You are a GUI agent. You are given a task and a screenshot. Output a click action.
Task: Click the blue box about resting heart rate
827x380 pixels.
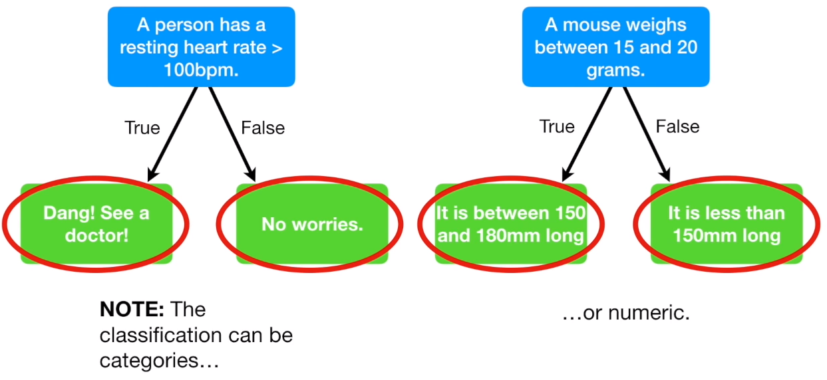(201, 47)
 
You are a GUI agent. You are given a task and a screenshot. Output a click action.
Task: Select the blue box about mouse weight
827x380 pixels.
(615, 47)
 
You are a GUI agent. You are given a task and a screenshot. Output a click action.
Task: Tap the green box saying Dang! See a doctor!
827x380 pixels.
(96, 224)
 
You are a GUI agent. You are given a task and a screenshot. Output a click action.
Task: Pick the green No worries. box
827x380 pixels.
(312, 224)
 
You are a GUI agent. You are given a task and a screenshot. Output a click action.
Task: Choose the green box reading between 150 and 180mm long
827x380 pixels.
(511, 224)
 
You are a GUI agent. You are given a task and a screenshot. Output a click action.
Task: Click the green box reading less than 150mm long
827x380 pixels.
(727, 224)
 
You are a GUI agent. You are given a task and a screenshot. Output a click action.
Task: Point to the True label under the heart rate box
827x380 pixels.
(142, 128)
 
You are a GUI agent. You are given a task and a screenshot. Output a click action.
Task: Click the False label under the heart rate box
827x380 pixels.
(263, 128)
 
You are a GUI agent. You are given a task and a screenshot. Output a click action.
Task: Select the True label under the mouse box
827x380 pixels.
(557, 126)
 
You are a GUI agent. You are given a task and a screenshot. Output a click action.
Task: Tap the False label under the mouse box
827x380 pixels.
(677, 126)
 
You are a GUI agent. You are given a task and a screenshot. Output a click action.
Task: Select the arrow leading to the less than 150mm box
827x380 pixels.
(645, 133)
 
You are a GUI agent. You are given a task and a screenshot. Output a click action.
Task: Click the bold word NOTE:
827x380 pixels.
(131, 310)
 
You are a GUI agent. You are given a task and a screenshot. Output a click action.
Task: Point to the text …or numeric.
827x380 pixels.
(625, 312)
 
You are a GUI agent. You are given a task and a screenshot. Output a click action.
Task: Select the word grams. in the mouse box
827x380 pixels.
(615, 70)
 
